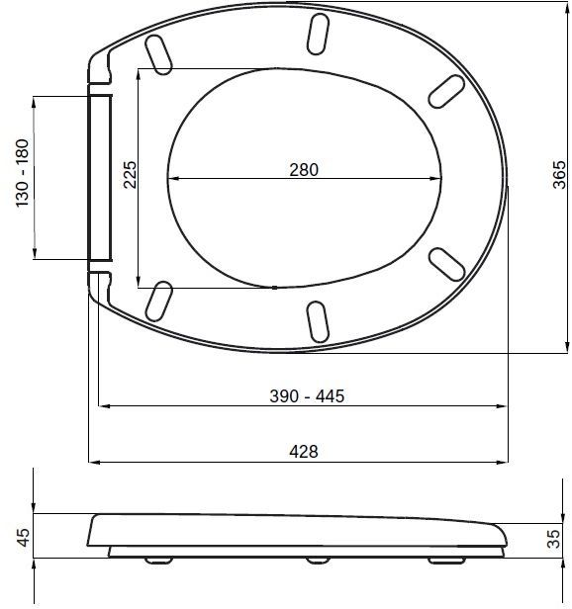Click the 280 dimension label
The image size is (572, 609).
[x=304, y=170]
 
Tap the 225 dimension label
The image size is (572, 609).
[x=131, y=175]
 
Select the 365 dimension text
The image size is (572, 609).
[x=559, y=174]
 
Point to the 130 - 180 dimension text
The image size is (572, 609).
[x=23, y=173]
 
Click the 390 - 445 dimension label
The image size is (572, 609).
[x=307, y=396]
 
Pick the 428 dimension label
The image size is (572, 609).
[x=304, y=452]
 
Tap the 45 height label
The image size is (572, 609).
[x=24, y=538]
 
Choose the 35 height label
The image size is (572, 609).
[x=554, y=539]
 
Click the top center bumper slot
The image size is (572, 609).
[x=318, y=34]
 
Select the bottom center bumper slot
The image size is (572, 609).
[x=318, y=322]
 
